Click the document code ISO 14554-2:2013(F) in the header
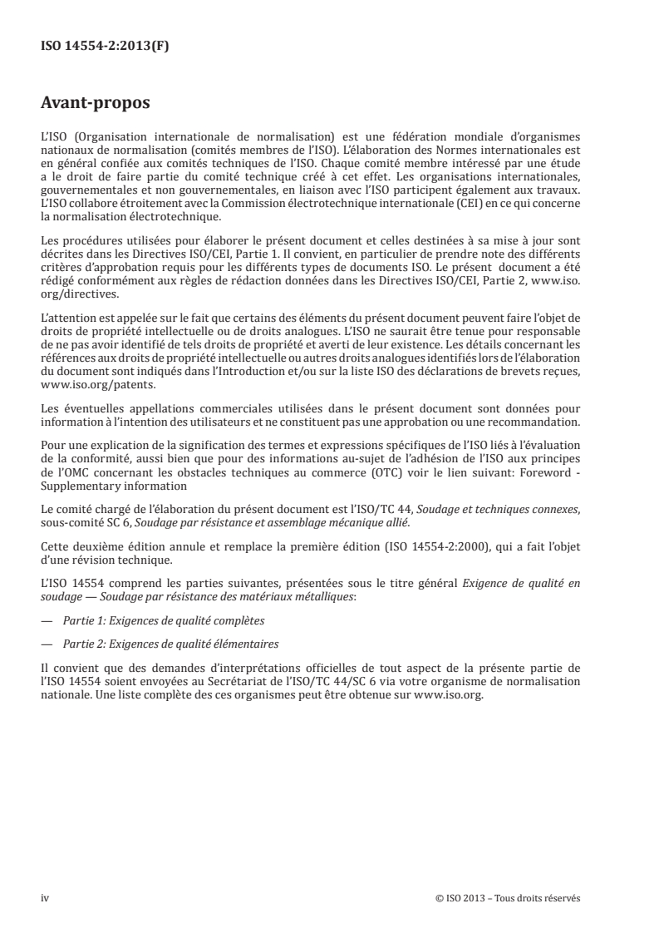point(105,46)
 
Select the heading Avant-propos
point(95,106)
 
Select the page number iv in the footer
point(45,897)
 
